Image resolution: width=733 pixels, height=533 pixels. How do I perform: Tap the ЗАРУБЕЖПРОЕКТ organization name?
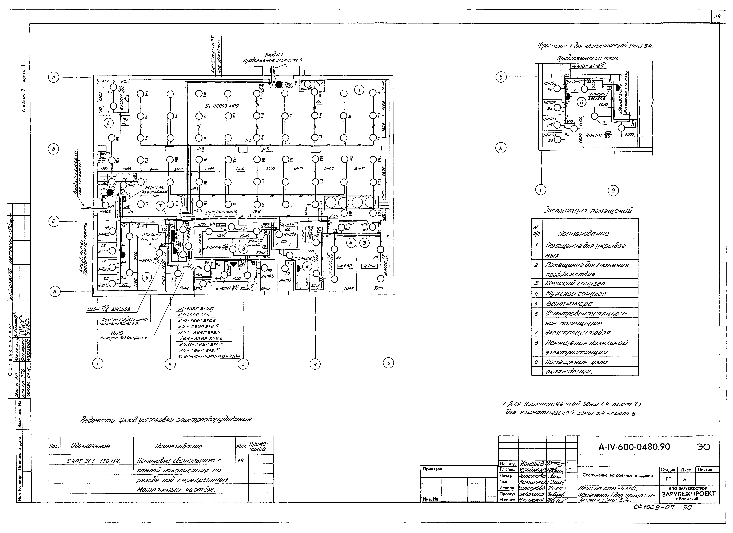click(x=688, y=494)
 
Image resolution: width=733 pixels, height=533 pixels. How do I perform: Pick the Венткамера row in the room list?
click(x=569, y=304)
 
